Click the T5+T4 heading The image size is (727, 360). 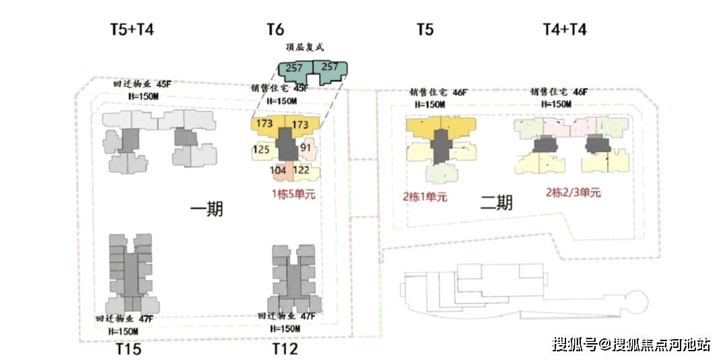pyautogui.click(x=133, y=30)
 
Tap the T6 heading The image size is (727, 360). pyautogui.click(x=275, y=30)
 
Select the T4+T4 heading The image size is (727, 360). pyautogui.click(x=565, y=30)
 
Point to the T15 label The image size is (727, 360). pyautogui.click(x=128, y=349)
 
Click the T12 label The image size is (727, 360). pyautogui.click(x=285, y=349)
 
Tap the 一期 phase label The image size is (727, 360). pyautogui.click(x=207, y=209)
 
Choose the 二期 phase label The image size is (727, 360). pyautogui.click(x=496, y=202)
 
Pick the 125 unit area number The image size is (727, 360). pyautogui.click(x=262, y=149)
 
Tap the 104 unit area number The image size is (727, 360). pyautogui.click(x=278, y=170)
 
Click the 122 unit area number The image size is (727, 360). pyautogui.click(x=302, y=170)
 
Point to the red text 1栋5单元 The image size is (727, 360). pyautogui.click(x=293, y=194)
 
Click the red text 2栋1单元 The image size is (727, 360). pyautogui.click(x=425, y=197)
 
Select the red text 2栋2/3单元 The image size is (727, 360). pyautogui.click(x=573, y=192)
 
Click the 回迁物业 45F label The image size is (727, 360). pyautogui.click(x=142, y=85)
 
